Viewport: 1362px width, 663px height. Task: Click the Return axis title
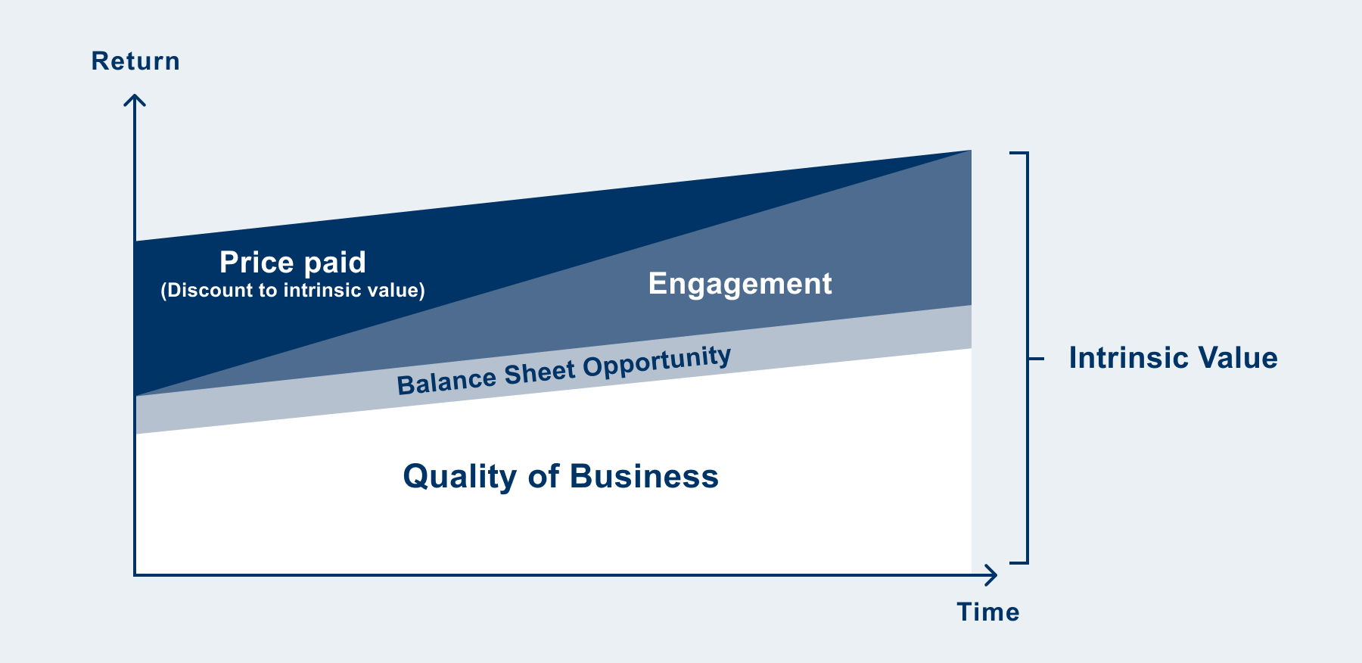click(x=135, y=61)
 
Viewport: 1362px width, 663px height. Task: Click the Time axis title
click(x=988, y=612)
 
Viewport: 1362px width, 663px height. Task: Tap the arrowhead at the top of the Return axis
click(x=135, y=100)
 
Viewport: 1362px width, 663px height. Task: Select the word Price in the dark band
click(x=257, y=263)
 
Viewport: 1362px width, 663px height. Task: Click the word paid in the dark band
click(x=334, y=263)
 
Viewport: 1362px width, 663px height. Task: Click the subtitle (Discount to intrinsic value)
click(x=293, y=291)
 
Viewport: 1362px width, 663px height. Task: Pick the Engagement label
click(x=740, y=284)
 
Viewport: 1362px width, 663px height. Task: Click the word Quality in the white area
click(x=460, y=477)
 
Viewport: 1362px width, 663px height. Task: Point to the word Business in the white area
click(x=644, y=476)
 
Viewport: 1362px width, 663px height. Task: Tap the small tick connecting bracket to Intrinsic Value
click(x=1036, y=358)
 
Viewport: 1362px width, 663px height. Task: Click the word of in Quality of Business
click(x=543, y=476)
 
